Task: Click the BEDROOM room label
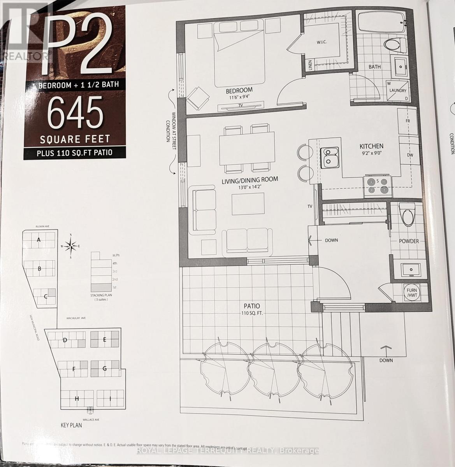click(x=239, y=90)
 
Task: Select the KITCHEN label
click(x=371, y=146)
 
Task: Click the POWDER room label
click(x=409, y=241)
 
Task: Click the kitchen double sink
click(x=330, y=158)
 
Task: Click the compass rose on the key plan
click(x=70, y=246)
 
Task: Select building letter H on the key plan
click(x=77, y=399)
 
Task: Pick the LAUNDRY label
click(x=398, y=91)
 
